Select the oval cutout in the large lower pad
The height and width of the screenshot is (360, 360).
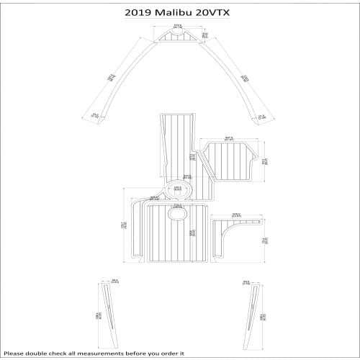click(177, 214)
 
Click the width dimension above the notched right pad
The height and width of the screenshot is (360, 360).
click(230, 138)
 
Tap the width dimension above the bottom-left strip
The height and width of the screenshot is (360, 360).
click(114, 280)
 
